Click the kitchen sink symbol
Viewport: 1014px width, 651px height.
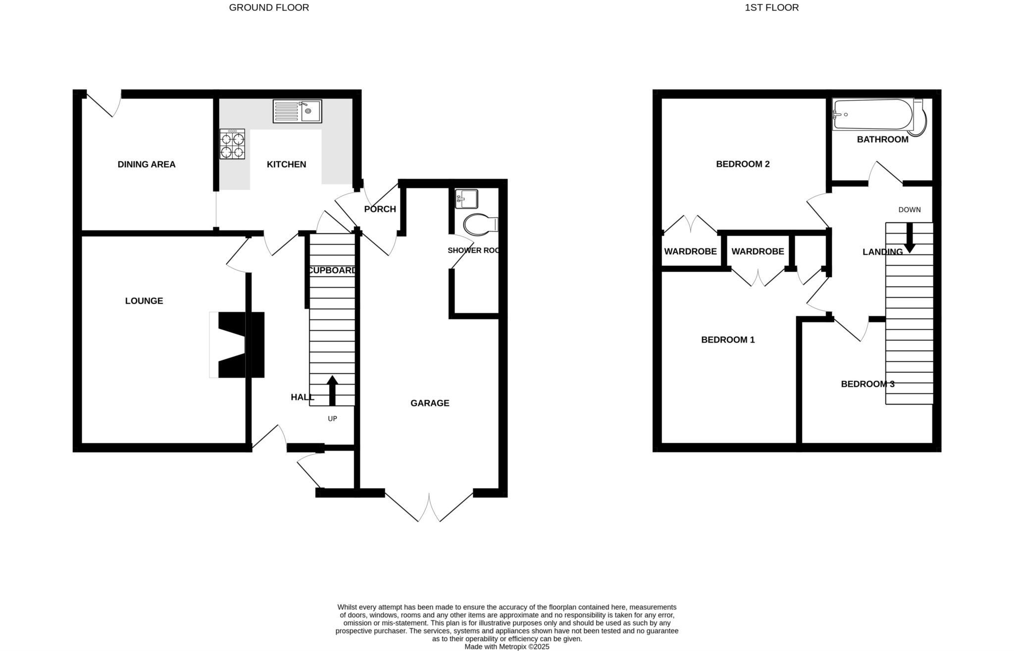(x=297, y=111)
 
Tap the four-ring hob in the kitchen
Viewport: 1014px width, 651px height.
(x=232, y=144)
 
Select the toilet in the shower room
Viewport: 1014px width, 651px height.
(x=480, y=224)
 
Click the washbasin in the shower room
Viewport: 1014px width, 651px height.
(x=466, y=199)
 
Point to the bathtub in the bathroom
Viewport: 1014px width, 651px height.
(x=872, y=114)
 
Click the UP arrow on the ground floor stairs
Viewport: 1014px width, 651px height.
(x=332, y=391)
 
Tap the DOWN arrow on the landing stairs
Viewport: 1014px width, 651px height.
(x=909, y=238)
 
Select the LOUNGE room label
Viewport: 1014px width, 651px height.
(x=144, y=301)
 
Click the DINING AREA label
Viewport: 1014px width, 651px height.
(x=147, y=164)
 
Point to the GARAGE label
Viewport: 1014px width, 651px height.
(x=430, y=403)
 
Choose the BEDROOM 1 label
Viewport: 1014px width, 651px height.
(x=728, y=340)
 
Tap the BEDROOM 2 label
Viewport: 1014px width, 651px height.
(x=743, y=164)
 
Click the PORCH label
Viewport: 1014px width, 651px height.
(x=380, y=209)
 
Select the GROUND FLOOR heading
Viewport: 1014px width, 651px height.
(x=269, y=7)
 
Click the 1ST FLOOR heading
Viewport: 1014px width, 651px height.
(x=771, y=7)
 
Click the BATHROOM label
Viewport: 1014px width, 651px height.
(x=882, y=140)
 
